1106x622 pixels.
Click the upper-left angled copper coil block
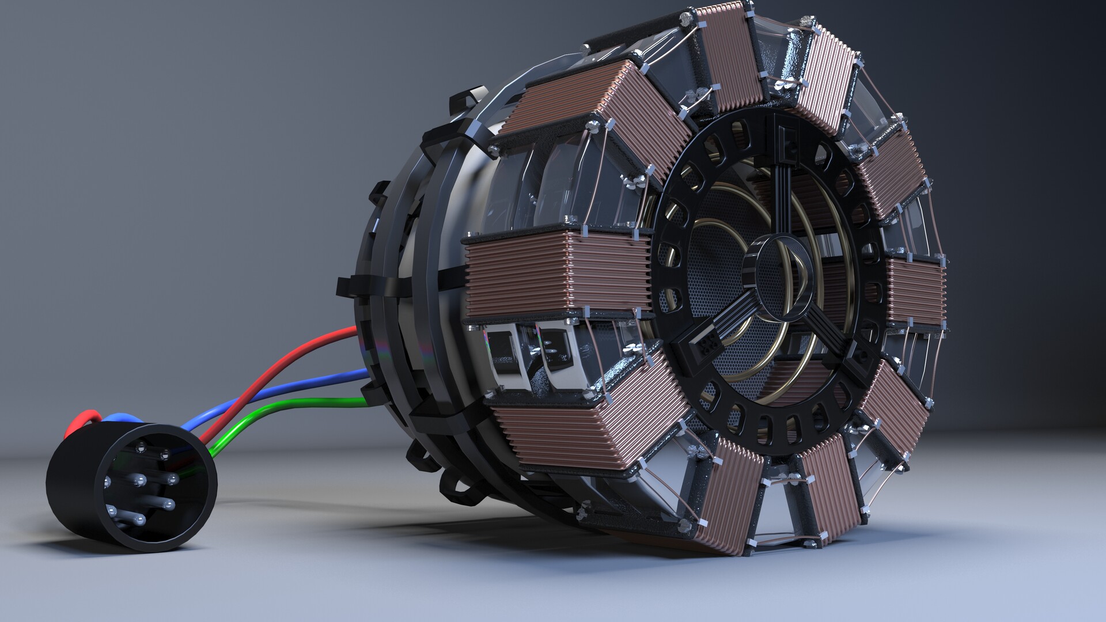tap(599, 115)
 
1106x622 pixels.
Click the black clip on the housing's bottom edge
tap(455, 490)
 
